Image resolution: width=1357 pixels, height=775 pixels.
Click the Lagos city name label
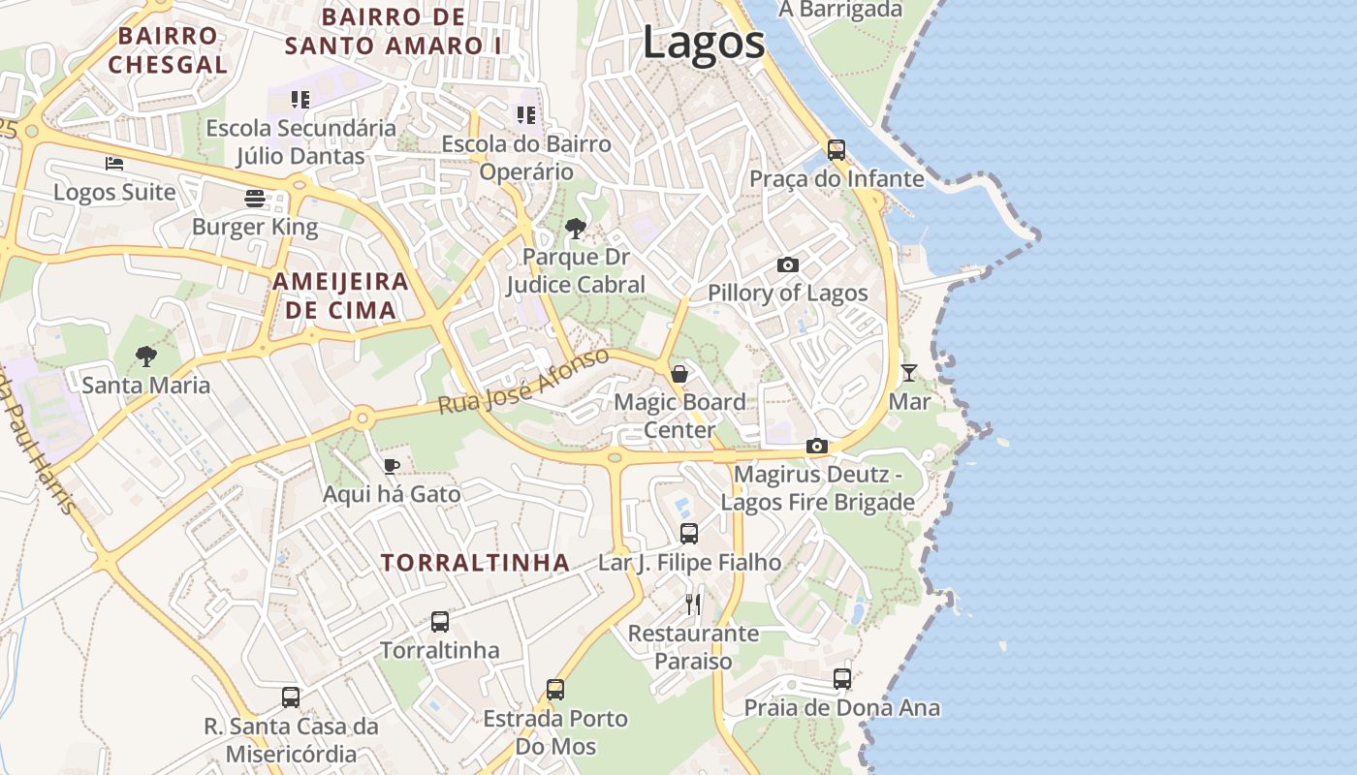[703, 44]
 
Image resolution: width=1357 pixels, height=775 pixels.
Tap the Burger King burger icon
[255, 199]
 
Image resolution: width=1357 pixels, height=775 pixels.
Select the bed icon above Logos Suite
[114, 163]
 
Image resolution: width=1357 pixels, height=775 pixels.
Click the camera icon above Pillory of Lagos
[788, 264]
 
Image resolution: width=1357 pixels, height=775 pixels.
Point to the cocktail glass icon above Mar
[908, 372]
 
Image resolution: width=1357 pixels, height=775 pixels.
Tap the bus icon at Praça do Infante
[836, 150]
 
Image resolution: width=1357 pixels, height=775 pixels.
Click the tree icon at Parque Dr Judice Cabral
[575, 229]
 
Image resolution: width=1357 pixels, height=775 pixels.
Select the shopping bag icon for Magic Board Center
[680, 373]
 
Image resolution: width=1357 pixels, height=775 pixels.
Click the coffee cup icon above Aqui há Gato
[392, 466]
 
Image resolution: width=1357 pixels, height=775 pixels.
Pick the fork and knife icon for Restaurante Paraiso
[693, 604]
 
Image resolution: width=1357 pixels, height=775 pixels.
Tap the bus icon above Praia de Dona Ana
[842, 679]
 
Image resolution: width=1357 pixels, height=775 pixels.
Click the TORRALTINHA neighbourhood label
[475, 563]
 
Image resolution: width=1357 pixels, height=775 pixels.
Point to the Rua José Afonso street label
[523, 382]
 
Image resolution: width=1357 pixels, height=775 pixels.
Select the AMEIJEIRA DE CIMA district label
[341, 295]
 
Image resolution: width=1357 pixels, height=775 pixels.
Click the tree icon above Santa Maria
[146, 356]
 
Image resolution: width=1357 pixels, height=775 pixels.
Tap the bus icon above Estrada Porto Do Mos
[555, 690]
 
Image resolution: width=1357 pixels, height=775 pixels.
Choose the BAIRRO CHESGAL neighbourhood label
[168, 50]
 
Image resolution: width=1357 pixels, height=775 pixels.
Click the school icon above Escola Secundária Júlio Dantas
[300, 99]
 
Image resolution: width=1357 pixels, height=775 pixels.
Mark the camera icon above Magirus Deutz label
[817, 446]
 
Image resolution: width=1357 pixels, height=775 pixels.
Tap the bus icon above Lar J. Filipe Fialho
[689, 533]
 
